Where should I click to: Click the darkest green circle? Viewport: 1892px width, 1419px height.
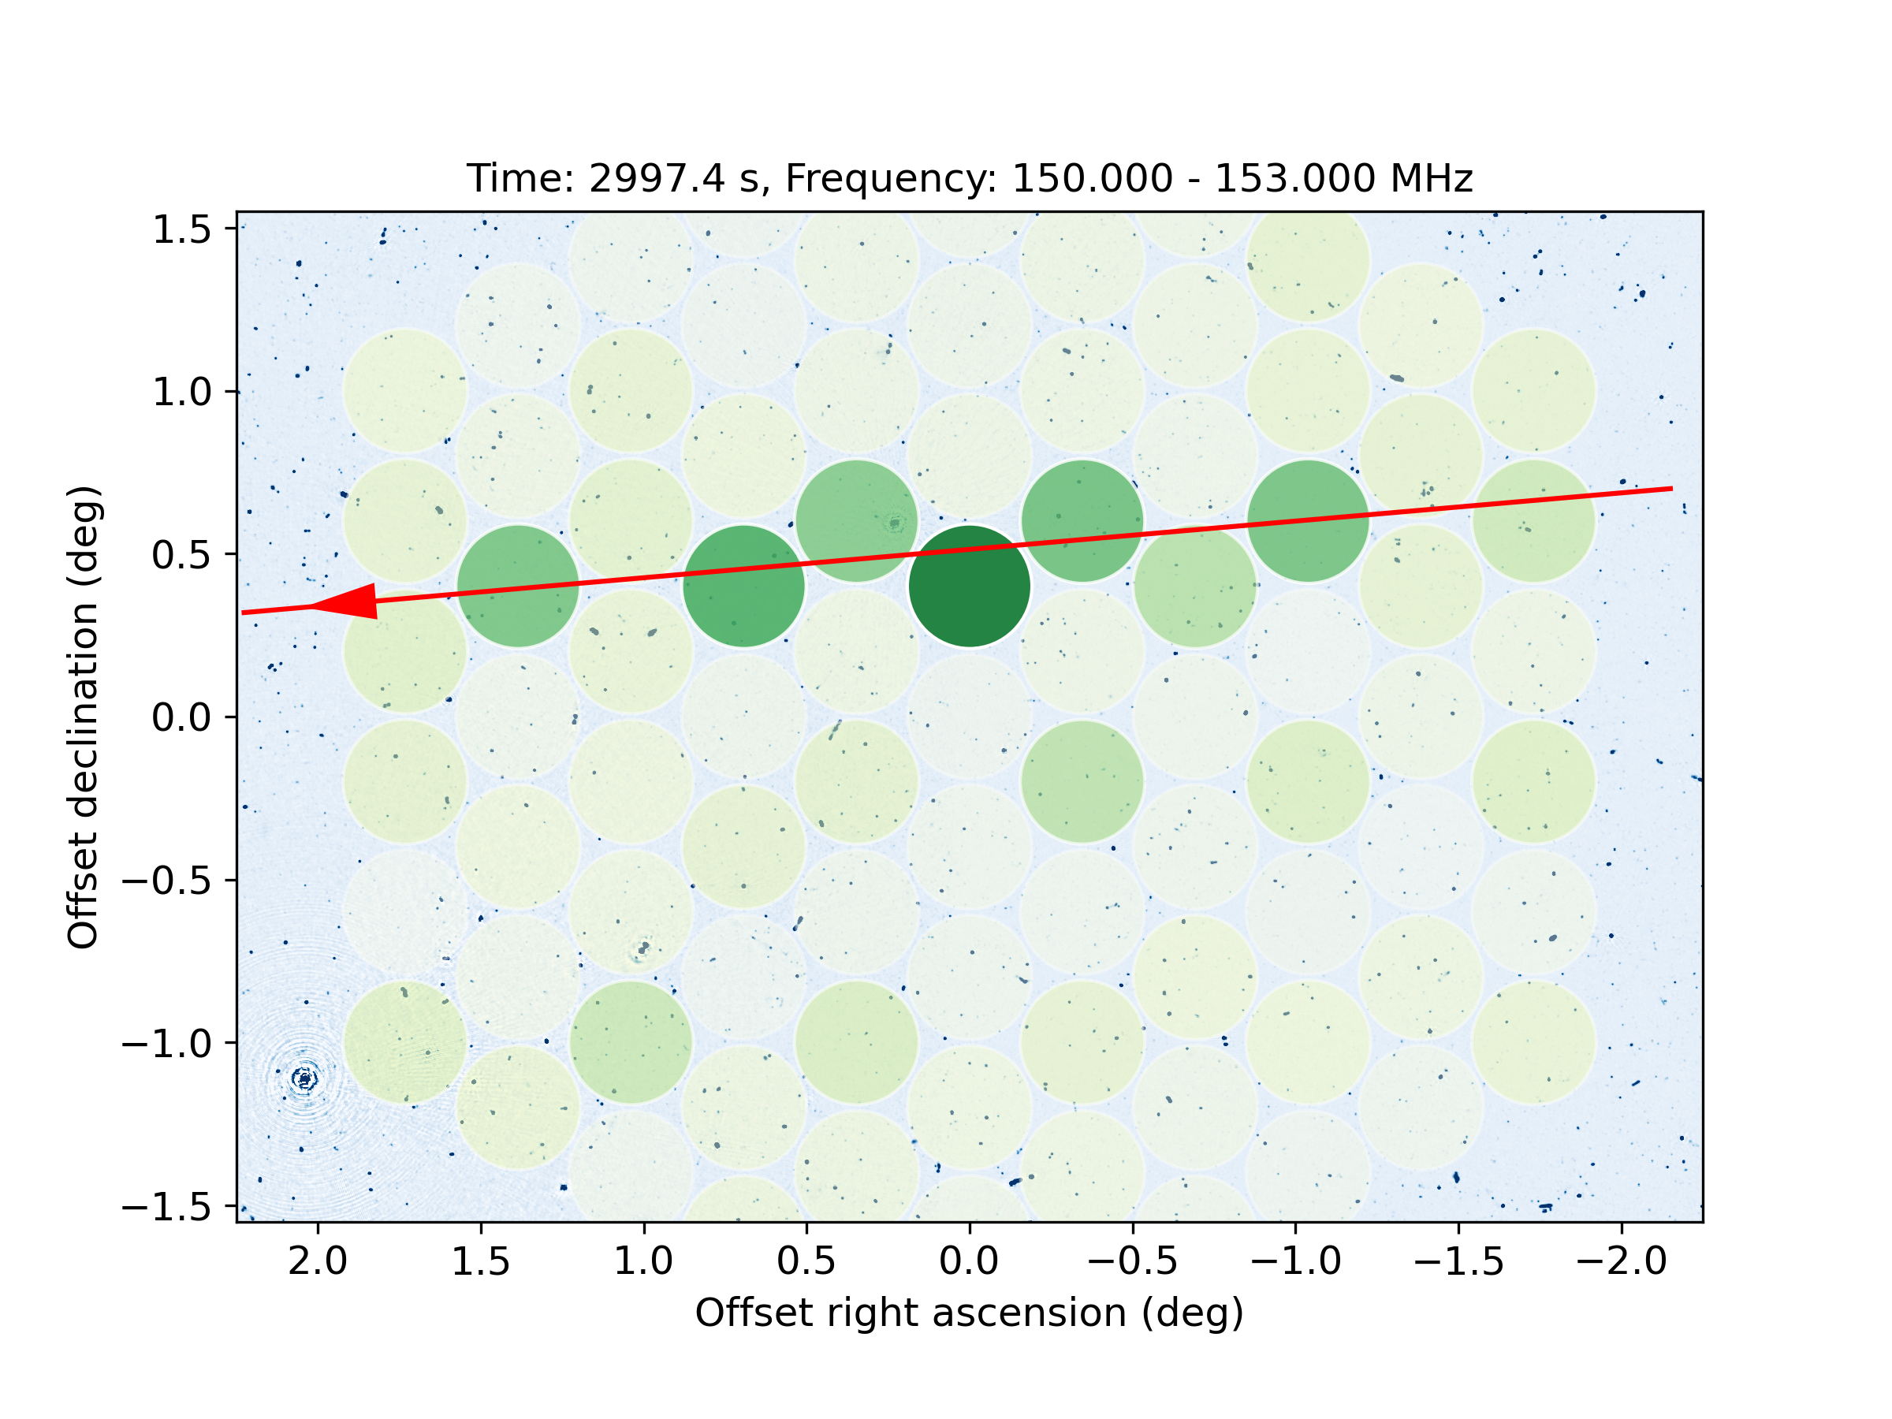pos(969,587)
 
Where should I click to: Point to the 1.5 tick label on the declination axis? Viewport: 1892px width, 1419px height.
pos(181,229)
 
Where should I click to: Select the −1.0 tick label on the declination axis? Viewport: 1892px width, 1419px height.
pos(167,1044)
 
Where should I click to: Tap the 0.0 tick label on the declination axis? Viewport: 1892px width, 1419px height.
pos(181,717)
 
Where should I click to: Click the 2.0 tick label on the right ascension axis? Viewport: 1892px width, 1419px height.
pos(318,1261)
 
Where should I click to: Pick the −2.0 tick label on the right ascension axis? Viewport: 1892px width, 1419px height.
pos(1621,1261)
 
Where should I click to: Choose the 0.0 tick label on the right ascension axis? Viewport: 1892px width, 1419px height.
pos(969,1261)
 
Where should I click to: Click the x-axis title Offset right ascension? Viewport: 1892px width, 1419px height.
pos(969,1313)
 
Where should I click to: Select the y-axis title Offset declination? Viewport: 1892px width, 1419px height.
pos(84,717)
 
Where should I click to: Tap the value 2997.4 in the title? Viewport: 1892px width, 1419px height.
pos(657,179)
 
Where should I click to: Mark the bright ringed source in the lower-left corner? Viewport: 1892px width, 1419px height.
pos(304,1078)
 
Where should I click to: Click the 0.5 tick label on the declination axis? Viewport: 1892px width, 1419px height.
pos(181,555)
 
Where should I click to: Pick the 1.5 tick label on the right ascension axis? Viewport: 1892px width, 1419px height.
pos(481,1261)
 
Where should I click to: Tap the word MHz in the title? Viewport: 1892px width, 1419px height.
pos(1431,179)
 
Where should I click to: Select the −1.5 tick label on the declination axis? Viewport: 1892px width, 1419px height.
pos(167,1207)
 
